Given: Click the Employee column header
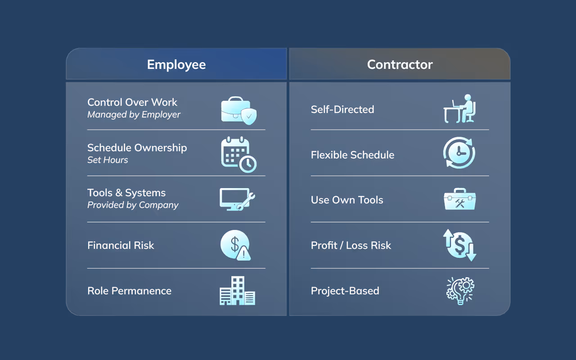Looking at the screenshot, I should [176, 64].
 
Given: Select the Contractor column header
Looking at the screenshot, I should [400, 64].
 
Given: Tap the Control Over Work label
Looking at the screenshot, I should [132, 102].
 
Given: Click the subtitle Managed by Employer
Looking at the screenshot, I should [134, 114].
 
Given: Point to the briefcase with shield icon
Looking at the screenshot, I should [238, 110].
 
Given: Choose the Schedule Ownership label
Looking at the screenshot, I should [137, 148].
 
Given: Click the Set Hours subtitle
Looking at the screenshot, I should [108, 160].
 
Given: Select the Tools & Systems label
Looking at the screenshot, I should [126, 193].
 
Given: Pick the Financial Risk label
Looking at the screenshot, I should [121, 245].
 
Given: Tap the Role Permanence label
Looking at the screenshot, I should [129, 291].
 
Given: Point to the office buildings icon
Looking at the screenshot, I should [237, 291].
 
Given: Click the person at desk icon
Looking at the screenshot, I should [460, 109].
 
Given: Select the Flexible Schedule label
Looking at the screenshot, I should [352, 155].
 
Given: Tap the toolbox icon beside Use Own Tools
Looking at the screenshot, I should [459, 200].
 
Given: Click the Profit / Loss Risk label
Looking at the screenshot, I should [351, 245].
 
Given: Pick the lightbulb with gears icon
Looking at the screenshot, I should [460, 291].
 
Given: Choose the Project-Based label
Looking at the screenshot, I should [345, 291].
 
